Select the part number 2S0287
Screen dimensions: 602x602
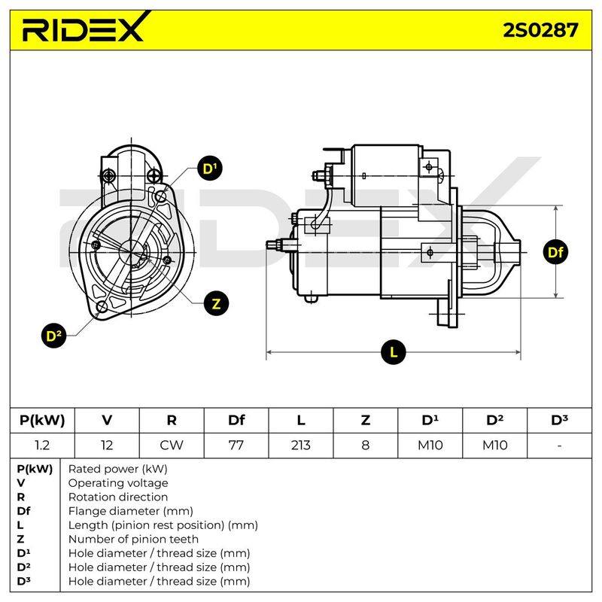540,30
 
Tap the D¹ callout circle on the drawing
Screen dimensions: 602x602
210,169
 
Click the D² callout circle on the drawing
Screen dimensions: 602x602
53,336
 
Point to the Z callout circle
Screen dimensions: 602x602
216,303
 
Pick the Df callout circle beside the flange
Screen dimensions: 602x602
555,252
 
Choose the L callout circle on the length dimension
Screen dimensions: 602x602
394,352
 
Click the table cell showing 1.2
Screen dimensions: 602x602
42,445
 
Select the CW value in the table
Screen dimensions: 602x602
172,445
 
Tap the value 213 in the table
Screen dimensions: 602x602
300,445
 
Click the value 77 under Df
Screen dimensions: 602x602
236,445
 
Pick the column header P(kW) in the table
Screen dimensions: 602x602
42,421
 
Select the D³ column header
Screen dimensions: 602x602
559,420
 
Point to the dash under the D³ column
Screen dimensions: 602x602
559,445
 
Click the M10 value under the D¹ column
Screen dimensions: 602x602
430,445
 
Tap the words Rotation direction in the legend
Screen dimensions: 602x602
118,497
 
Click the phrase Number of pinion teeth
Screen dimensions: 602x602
133,539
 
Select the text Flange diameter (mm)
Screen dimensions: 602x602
130,511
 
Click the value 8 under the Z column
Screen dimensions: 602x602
366,445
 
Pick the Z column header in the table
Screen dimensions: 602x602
366,421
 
